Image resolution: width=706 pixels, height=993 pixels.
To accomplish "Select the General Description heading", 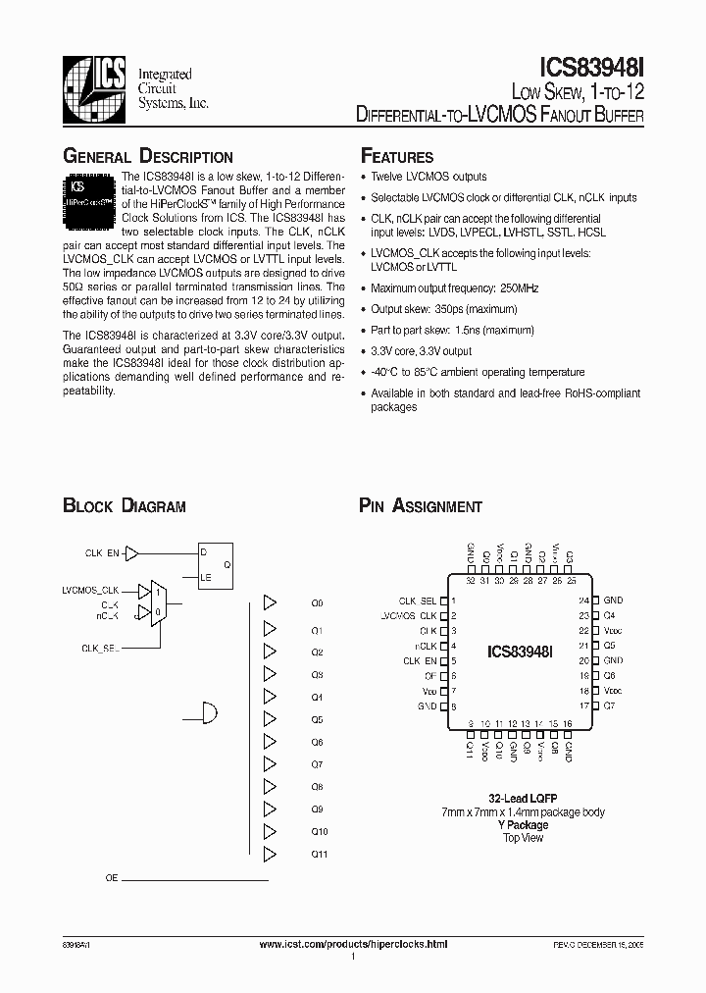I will tap(148, 157).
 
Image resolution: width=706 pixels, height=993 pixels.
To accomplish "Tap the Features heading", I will tap(397, 157).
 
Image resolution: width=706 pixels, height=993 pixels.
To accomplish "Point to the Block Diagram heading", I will tap(125, 506).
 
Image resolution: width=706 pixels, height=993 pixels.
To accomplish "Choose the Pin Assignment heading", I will tap(421, 506).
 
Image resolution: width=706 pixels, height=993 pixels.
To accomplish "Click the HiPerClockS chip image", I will tap(91, 191).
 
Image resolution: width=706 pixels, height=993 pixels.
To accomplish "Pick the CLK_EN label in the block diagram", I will tap(102, 553).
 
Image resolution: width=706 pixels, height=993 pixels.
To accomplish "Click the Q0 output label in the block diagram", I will tap(317, 603).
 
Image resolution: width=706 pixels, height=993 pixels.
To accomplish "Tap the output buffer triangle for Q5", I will tap(271, 718).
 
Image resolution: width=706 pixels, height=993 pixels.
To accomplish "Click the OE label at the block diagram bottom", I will tap(112, 879).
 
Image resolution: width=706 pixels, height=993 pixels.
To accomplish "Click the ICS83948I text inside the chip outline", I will tap(521, 651).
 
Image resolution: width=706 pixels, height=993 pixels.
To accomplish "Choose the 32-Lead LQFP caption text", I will tap(524, 799).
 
